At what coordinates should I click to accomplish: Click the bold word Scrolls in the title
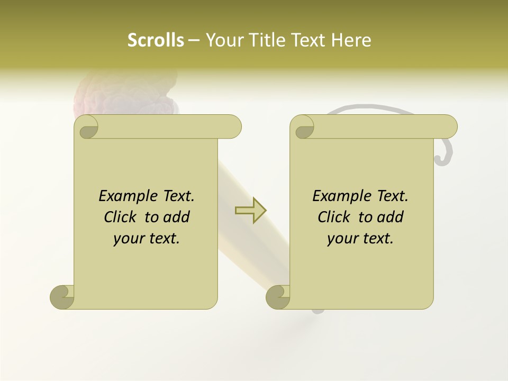point(156,40)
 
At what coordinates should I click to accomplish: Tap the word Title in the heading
point(264,40)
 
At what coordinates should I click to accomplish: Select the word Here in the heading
point(351,40)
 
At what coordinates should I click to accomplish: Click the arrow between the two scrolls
point(250,211)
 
